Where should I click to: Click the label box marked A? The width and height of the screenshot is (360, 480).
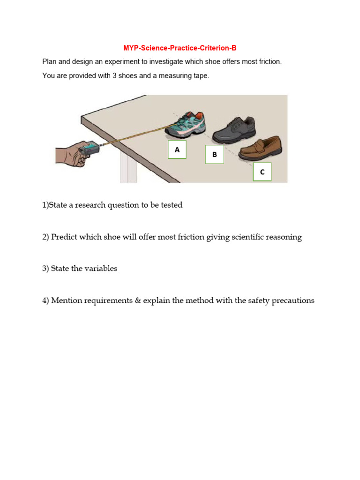(x=177, y=150)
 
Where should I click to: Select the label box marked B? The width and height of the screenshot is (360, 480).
(x=214, y=154)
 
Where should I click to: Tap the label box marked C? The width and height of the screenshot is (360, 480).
(x=262, y=172)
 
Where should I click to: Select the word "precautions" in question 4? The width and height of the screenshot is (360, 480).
(x=293, y=300)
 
